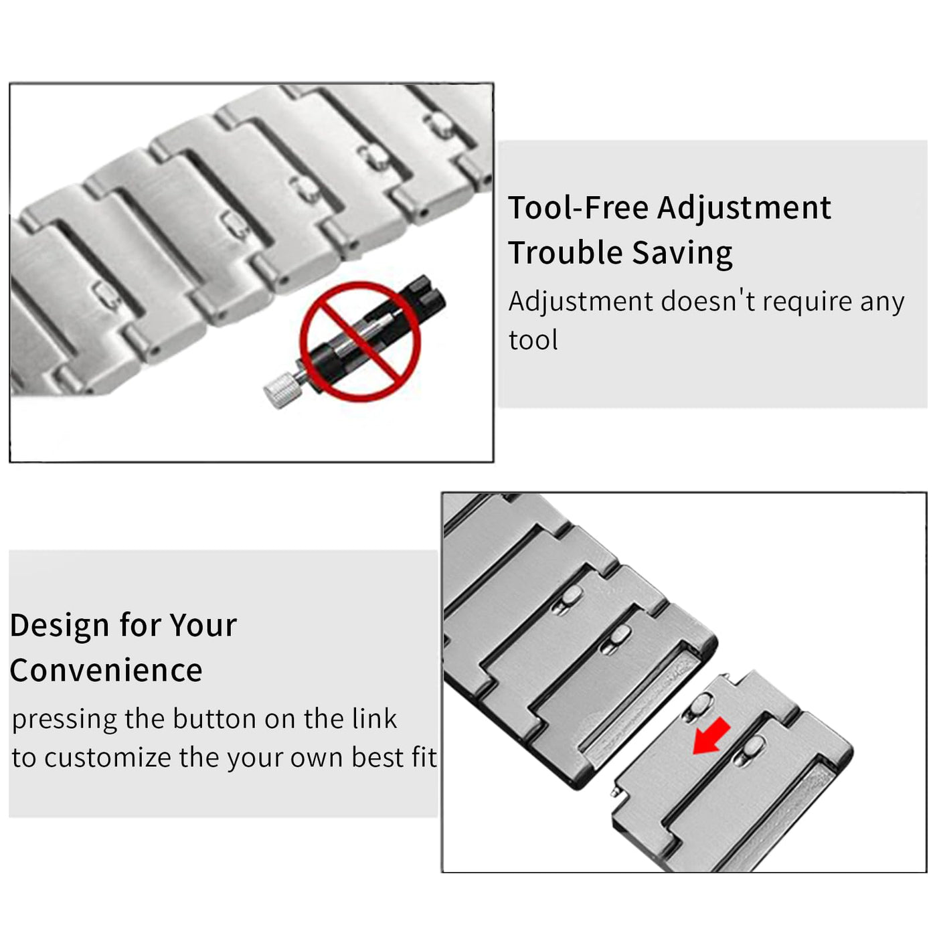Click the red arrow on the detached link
coord(711,736)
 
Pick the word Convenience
coord(106,671)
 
